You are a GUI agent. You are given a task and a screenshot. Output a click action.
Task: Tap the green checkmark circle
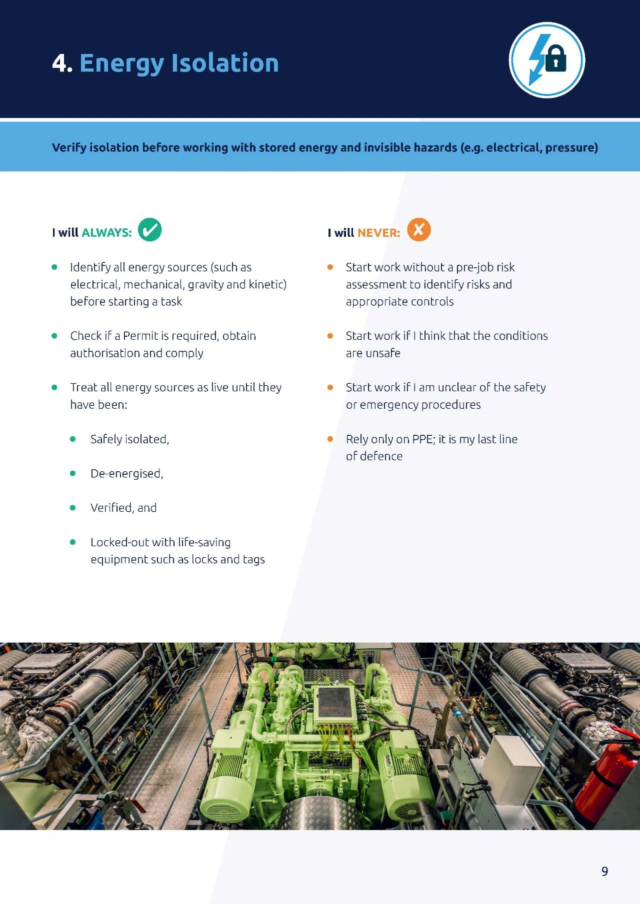tap(149, 230)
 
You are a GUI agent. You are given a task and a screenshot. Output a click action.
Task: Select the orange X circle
tap(419, 230)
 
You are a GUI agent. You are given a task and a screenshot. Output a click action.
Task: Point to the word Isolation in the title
tap(225, 63)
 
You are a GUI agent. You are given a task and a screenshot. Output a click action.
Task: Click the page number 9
tap(604, 872)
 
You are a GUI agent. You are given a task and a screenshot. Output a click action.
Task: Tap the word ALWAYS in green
tap(106, 232)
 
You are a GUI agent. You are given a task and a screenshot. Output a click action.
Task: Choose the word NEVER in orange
tap(379, 233)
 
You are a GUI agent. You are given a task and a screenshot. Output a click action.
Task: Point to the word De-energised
tap(126, 474)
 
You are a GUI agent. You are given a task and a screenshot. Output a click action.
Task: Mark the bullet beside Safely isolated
tap(73, 439)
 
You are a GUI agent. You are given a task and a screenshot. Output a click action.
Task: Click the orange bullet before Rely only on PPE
tap(330, 439)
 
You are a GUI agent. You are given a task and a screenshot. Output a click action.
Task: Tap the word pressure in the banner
tap(571, 148)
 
